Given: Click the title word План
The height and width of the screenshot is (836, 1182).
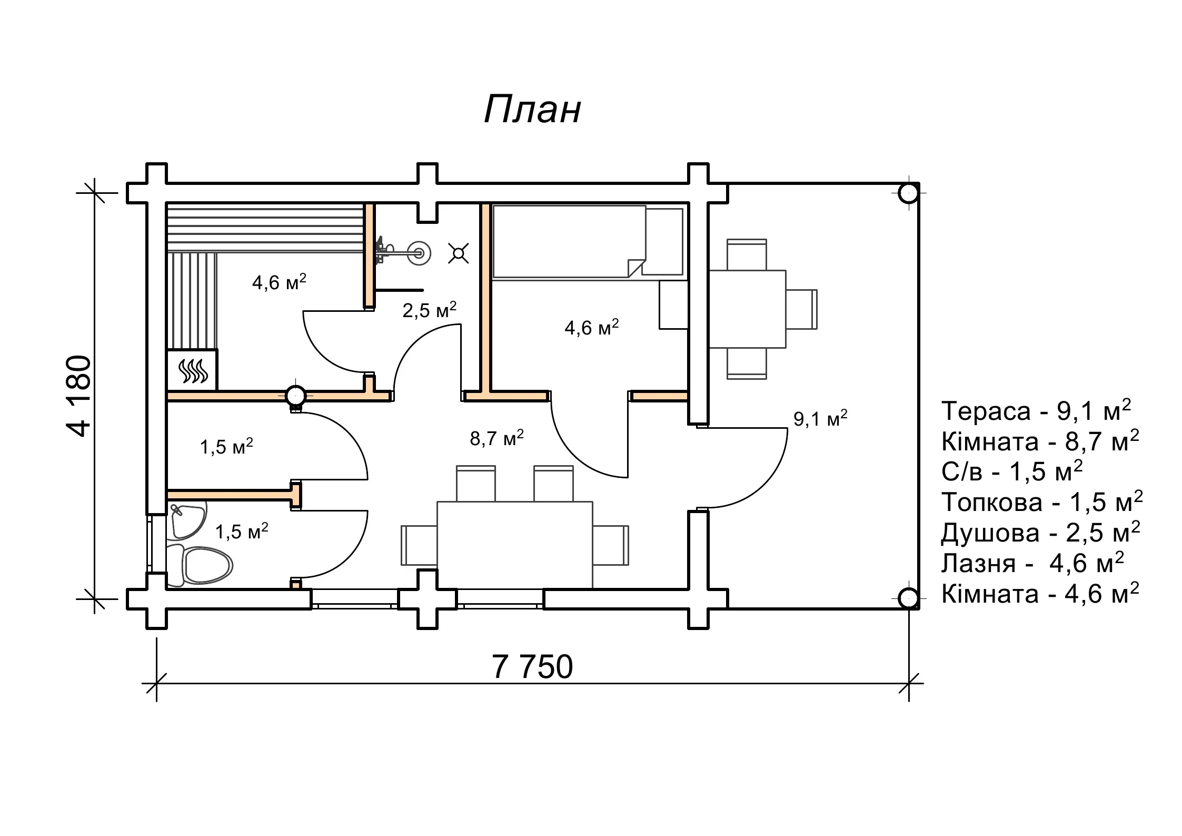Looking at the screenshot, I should click(532, 110).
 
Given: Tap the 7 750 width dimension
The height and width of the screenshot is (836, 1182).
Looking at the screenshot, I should click(532, 666).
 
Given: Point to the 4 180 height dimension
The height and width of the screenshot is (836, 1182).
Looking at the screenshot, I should click(80, 396).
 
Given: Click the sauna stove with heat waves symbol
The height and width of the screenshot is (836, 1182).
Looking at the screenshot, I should click(192, 370).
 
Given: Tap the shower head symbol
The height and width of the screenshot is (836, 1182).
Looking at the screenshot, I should click(419, 253).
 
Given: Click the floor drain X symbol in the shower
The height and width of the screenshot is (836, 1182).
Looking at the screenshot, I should click(459, 253).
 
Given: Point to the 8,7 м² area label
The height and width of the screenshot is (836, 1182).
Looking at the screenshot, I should click(496, 438).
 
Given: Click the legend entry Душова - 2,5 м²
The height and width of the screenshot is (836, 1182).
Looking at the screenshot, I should click(1040, 533).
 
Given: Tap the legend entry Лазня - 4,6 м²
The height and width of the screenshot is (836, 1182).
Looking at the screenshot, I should click(1032, 564).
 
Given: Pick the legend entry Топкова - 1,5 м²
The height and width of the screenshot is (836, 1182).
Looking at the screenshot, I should click(1041, 503).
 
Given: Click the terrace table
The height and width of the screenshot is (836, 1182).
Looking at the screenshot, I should click(747, 309).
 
